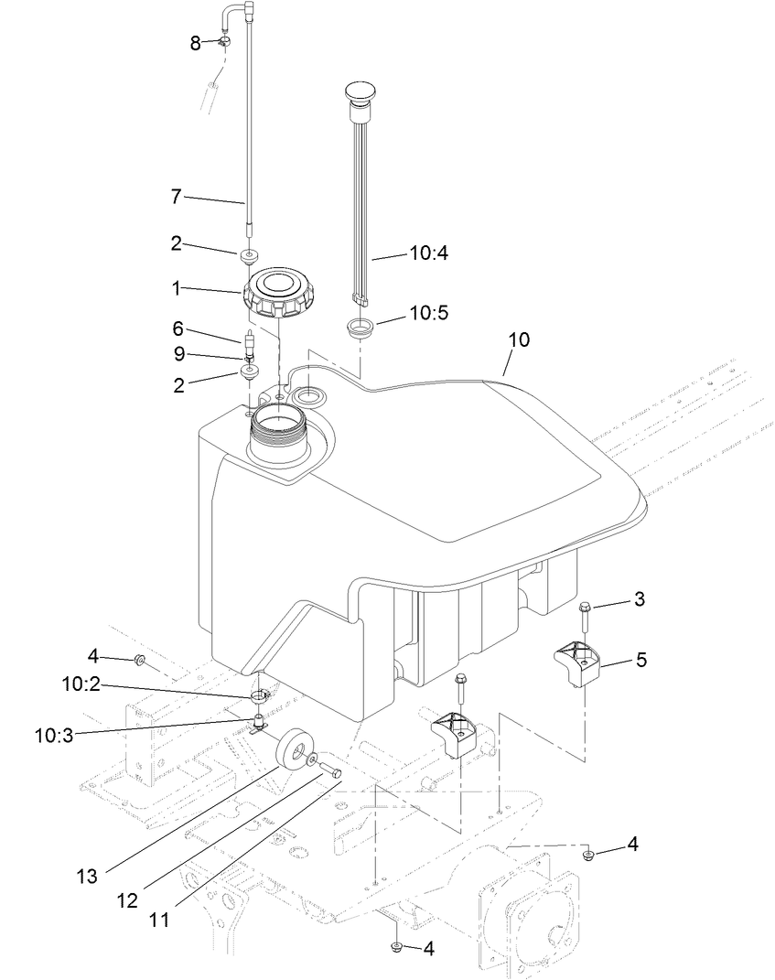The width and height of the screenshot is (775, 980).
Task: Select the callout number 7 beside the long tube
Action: click(177, 196)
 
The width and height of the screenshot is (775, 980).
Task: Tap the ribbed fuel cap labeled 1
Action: click(278, 292)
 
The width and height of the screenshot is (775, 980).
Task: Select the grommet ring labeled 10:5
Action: click(361, 328)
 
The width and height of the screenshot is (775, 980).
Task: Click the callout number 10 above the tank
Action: click(519, 339)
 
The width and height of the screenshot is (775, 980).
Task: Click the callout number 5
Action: click(641, 659)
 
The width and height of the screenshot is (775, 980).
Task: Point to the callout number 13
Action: click(87, 877)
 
